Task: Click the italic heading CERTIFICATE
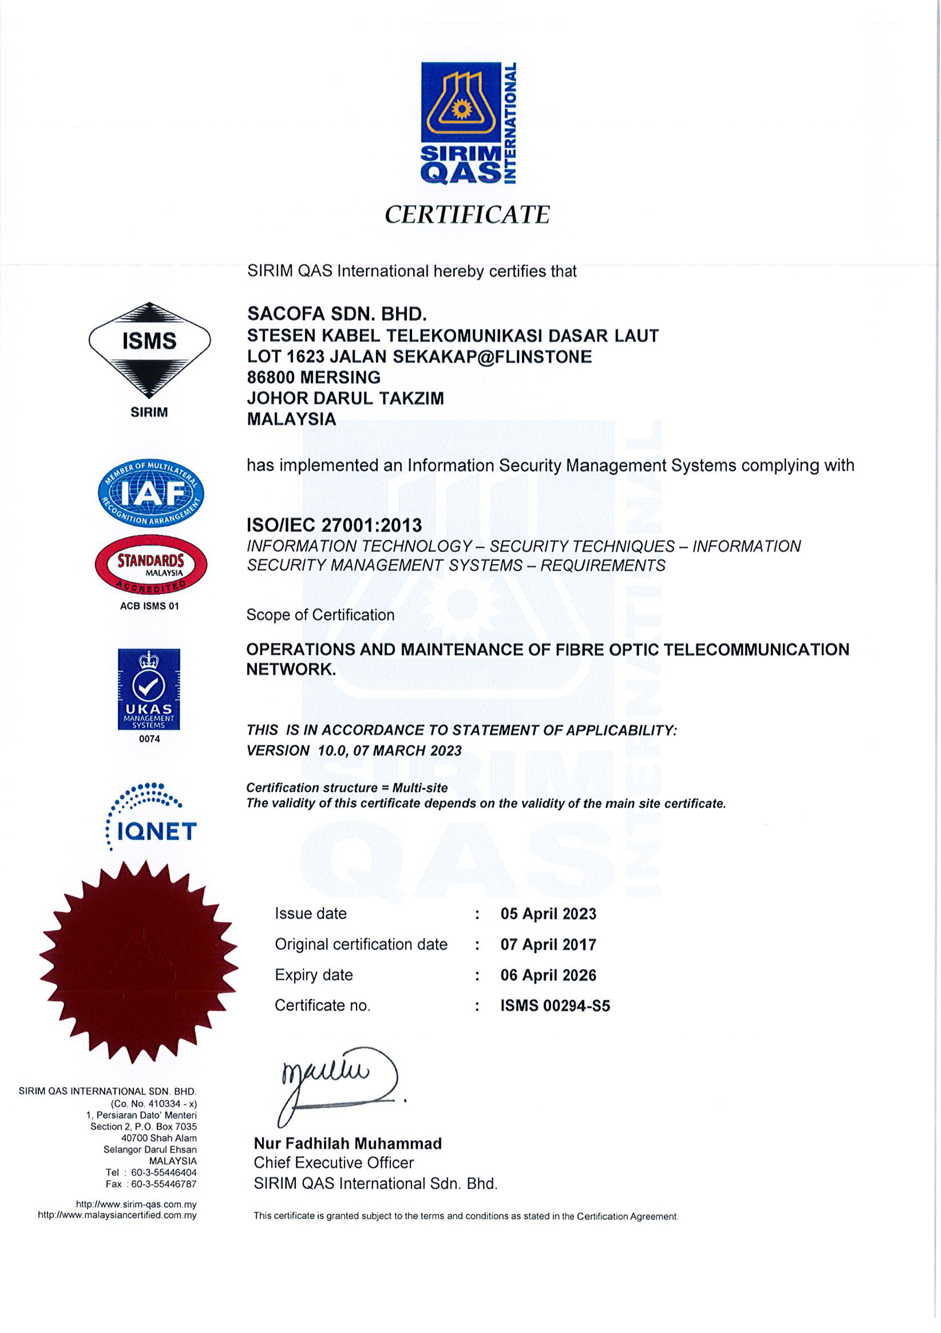(467, 215)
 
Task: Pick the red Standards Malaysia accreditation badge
(150, 564)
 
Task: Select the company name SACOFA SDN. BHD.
(337, 314)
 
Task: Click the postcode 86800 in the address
(271, 377)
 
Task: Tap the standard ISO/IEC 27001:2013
(334, 525)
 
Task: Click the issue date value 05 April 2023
(548, 914)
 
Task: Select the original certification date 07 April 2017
(548, 944)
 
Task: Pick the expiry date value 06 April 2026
(548, 975)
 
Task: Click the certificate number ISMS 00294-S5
(555, 1006)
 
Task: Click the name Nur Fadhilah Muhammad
(347, 1144)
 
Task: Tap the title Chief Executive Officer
(333, 1163)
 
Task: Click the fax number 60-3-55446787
(164, 1184)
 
